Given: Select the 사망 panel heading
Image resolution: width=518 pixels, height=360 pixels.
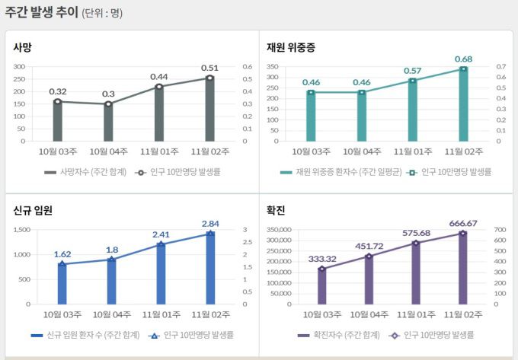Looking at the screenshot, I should pos(22,47).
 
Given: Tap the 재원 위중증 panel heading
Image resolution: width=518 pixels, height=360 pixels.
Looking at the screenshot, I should pos(290,47).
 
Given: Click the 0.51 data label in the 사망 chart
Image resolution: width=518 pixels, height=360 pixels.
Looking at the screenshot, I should pos(209,68).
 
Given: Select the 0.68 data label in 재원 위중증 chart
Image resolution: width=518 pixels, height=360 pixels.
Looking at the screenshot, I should pos(464,59).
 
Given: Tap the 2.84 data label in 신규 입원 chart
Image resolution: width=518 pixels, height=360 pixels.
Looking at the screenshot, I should pos(210,223).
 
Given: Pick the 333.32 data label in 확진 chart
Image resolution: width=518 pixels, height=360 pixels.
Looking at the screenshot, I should pos(322,259).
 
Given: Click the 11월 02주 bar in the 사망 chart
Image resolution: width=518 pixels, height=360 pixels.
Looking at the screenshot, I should pos(209,110).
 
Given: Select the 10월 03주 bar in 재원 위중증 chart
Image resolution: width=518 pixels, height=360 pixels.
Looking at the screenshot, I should pos(311,116).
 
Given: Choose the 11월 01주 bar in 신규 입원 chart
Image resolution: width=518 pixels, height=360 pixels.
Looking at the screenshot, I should pos(161,274).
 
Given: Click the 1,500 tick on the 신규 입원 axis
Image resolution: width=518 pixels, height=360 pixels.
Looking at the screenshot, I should pos(20,229).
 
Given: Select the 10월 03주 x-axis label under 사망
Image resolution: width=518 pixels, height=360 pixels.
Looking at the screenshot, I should pos(58,151).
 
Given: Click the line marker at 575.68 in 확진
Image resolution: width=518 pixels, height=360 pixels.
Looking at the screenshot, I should pos(415,243).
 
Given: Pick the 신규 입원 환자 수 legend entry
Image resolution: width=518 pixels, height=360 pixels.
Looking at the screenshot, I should pos(89,335).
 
